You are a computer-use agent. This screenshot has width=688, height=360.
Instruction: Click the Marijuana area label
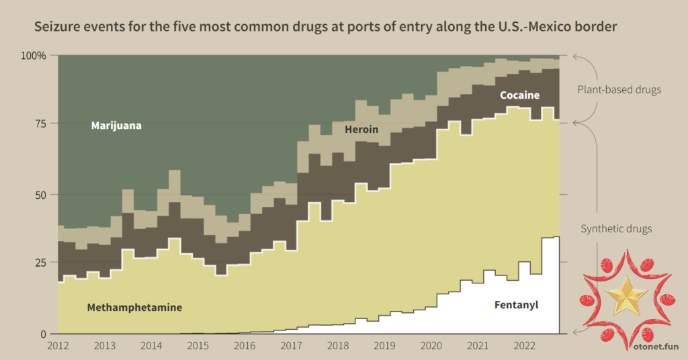point(116,126)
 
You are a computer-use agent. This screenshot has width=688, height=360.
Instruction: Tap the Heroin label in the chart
point(361,129)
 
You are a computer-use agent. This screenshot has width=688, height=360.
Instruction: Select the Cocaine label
point(519,95)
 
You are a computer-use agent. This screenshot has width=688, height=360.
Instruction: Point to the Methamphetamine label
point(134,308)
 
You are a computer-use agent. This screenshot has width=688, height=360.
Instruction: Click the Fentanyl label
point(516,305)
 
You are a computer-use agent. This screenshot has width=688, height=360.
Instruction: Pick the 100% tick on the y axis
point(34,55)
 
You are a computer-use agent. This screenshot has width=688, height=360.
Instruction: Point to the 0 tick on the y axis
point(44,334)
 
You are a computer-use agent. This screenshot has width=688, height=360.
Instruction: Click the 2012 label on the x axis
point(58,347)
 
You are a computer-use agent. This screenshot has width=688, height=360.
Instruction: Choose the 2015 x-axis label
point(198,347)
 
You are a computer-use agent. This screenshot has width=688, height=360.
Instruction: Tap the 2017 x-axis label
point(291,347)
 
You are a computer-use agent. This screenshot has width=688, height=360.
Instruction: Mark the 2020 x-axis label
point(431,347)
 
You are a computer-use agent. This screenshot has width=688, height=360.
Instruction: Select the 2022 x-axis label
point(524,347)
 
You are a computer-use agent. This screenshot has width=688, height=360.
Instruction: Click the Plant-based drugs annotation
point(619,89)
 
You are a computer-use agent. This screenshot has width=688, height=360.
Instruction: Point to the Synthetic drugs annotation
point(616,229)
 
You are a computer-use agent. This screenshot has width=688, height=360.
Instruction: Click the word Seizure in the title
point(56,27)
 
